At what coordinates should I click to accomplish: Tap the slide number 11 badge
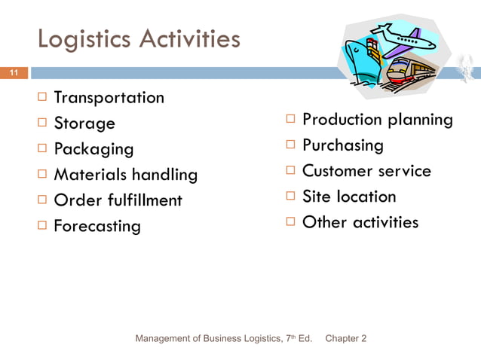(14, 73)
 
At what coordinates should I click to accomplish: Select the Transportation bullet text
(109, 97)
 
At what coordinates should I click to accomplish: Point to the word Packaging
(93, 149)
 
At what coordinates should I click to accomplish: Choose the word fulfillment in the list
(143, 200)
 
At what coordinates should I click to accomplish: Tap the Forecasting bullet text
(97, 226)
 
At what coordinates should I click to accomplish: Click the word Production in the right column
(342, 119)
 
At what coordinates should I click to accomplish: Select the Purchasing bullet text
(342, 145)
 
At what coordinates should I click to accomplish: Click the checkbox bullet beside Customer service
(290, 170)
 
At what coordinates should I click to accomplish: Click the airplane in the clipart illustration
(403, 38)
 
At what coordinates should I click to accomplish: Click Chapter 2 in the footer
(345, 339)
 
